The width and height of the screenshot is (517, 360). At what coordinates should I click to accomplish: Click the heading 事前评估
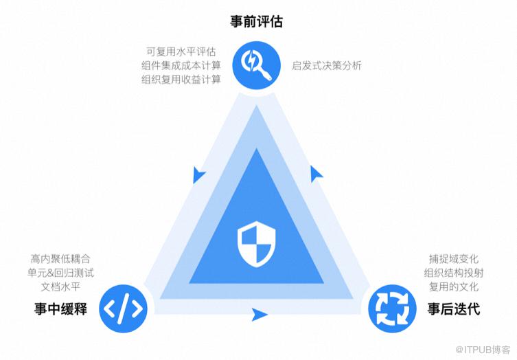click(x=256, y=21)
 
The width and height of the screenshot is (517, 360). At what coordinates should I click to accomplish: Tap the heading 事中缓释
click(x=60, y=309)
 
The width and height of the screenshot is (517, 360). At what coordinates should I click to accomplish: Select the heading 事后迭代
click(x=454, y=309)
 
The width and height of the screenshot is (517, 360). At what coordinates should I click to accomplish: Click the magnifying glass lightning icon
click(x=257, y=65)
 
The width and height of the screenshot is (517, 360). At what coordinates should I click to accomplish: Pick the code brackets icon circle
click(x=124, y=308)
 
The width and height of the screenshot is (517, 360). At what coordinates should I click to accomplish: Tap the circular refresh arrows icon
click(x=392, y=308)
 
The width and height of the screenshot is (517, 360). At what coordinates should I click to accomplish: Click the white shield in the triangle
click(x=257, y=244)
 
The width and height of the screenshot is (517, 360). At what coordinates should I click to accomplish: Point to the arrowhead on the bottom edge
click(x=260, y=314)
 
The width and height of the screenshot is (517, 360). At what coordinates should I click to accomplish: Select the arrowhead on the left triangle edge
click(x=198, y=175)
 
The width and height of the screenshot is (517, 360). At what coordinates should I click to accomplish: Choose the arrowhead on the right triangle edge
click(x=316, y=174)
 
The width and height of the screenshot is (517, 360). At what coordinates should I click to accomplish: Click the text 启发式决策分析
click(x=327, y=65)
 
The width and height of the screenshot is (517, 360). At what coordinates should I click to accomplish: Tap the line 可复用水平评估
click(x=181, y=52)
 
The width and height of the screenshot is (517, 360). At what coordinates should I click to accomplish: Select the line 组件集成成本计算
click(x=181, y=65)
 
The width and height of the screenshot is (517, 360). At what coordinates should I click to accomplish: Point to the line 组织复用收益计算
click(x=181, y=79)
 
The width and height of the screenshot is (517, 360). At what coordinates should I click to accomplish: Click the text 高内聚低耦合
click(x=60, y=259)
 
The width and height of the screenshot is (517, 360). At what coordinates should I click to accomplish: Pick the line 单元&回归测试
click(x=60, y=273)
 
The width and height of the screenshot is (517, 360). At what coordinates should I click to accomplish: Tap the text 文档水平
click(x=60, y=286)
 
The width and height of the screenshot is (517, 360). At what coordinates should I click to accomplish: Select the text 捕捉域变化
click(x=454, y=259)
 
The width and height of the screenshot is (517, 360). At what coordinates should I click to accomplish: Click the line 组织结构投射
click(x=454, y=273)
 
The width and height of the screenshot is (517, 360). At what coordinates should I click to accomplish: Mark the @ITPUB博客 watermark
click(x=483, y=350)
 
